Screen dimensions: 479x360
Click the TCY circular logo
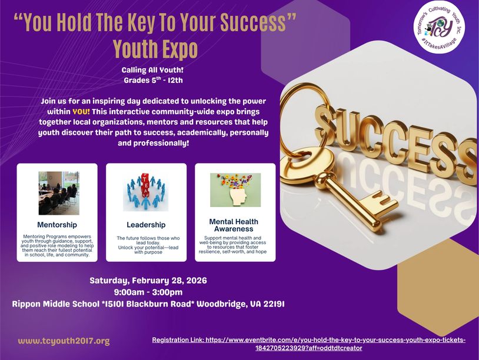pyautogui.click(x=440, y=28)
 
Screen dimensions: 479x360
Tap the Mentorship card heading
pyautogui.click(x=57, y=225)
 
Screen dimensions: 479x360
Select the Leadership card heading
pyautogui.click(x=146, y=225)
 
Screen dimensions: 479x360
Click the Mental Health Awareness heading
pyautogui.click(x=234, y=225)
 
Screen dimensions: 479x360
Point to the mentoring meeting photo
pyautogui.click(x=59, y=193)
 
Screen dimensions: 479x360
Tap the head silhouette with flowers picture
pyautogui.click(x=235, y=190)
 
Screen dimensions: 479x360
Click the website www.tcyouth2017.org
pyautogui.click(x=64, y=341)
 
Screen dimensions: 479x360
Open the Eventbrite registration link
pyautogui.click(x=308, y=344)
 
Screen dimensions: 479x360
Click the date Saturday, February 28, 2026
pyautogui.click(x=148, y=281)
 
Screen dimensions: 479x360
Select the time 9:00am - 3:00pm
pyautogui.click(x=148, y=292)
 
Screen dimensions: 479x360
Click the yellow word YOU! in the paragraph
pyautogui.click(x=81, y=111)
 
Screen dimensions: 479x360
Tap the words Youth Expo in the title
pyautogui.click(x=155, y=49)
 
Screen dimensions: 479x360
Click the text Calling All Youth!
pyautogui.click(x=152, y=70)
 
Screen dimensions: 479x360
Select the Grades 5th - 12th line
pyautogui.click(x=153, y=80)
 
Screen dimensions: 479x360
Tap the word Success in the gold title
pyautogui.click(x=253, y=22)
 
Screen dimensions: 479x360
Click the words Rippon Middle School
pyautogui.click(x=55, y=304)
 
